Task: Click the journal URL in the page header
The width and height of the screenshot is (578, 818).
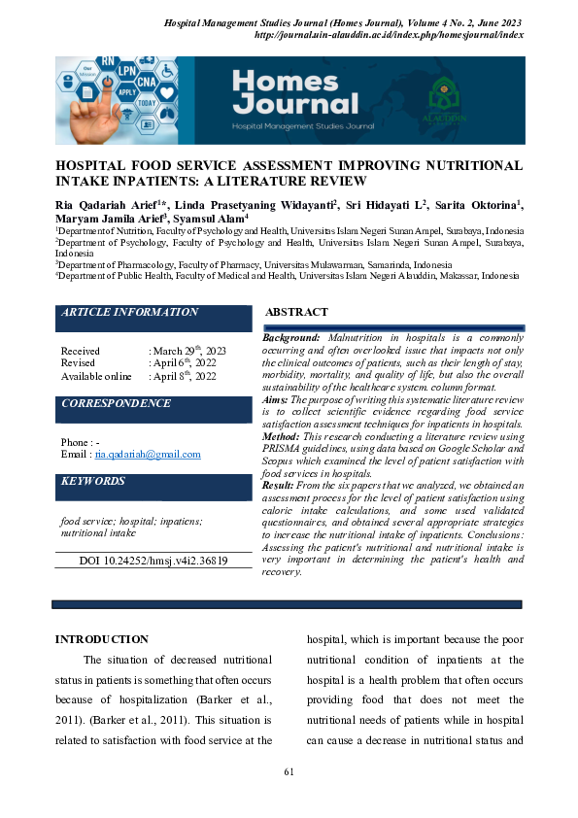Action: pyautogui.click(x=388, y=35)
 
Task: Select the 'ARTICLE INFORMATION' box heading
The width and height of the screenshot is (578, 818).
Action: pyautogui.click(x=129, y=313)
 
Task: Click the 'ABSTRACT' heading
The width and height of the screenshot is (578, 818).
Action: pyautogui.click(x=296, y=313)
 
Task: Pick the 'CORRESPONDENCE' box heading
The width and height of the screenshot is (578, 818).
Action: pyautogui.click(x=116, y=403)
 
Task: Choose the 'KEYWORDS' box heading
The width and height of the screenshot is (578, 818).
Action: pyautogui.click(x=93, y=481)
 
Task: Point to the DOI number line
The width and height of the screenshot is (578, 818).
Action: pyautogui.click(x=153, y=562)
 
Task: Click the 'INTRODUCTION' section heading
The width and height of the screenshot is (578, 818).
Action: pyautogui.click(x=102, y=639)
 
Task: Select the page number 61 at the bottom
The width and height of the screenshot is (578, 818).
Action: pyautogui.click(x=289, y=772)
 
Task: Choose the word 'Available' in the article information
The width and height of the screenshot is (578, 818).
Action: pyautogui.click(x=84, y=376)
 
